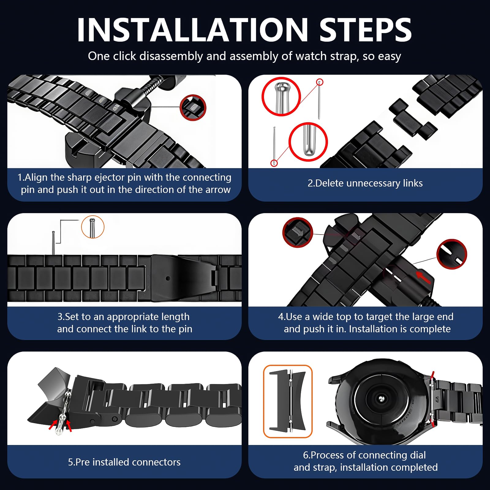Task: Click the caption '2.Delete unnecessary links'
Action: pos(365,183)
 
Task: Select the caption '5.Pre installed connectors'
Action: pos(124,462)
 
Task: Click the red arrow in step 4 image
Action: pos(423,277)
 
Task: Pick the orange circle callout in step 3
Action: pos(93,227)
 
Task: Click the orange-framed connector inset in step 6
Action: pos(288,401)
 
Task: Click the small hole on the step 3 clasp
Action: pos(168,278)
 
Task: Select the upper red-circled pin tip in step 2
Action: pos(281,96)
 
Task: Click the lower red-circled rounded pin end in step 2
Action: pos(308,142)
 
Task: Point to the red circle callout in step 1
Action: pos(193,107)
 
